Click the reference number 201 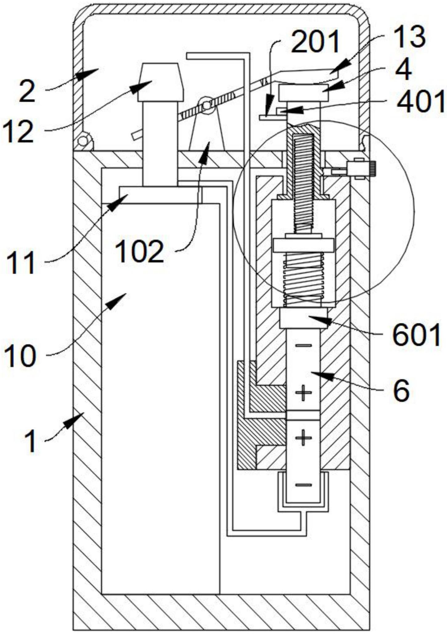[315, 41]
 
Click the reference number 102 [139, 251]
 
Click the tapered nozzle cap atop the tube [161, 82]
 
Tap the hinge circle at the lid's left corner [83, 141]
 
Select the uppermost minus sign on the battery [304, 345]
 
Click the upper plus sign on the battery [304, 393]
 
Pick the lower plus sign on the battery [304, 438]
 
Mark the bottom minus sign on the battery [304, 485]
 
